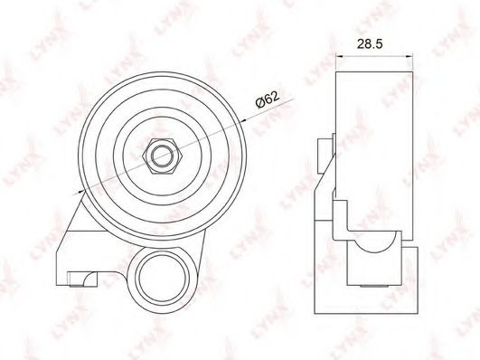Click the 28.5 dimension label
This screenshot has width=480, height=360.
(x=370, y=44)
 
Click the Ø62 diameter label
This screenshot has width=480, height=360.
(x=268, y=99)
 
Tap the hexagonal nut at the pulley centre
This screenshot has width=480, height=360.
(x=163, y=156)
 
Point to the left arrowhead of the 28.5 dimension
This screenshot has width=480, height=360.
(x=339, y=56)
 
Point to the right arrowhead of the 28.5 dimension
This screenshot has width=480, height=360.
(x=409, y=56)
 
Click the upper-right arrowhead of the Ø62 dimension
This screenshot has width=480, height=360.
(x=243, y=120)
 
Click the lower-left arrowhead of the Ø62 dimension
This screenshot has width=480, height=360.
(x=81, y=192)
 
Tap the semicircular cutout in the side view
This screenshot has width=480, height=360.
(x=376, y=242)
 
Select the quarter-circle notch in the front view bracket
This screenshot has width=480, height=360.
(x=90, y=279)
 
